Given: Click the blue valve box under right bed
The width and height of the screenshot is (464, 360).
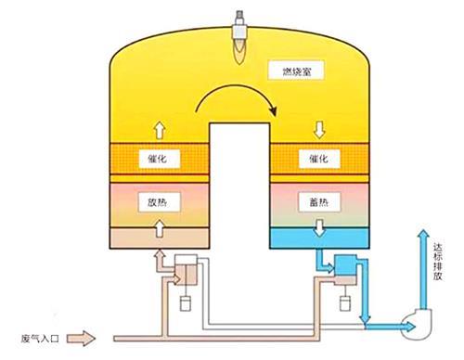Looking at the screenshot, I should tap(349, 266).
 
